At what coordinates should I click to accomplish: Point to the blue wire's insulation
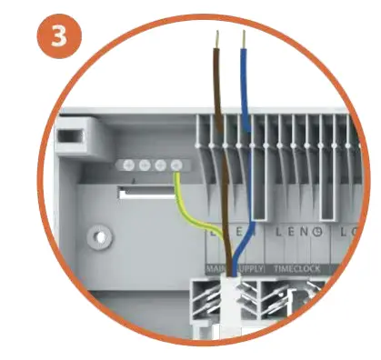(x=244, y=136)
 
